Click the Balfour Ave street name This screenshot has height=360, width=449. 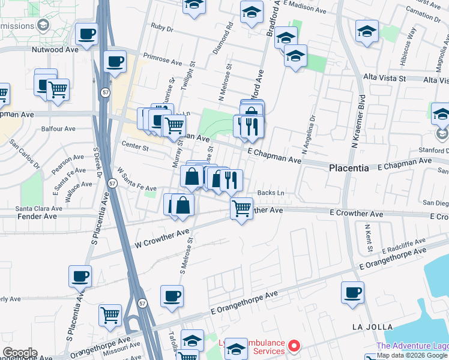pos(58,128)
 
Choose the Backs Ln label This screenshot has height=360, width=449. pos(270,193)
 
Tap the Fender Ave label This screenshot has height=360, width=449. pos(28,216)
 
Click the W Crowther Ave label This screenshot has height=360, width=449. pos(162,239)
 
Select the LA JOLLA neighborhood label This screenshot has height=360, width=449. pos(373,327)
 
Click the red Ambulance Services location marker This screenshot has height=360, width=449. pos(294,346)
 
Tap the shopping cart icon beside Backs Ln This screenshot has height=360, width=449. pos(241,209)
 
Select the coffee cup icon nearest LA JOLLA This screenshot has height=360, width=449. pos(352,293)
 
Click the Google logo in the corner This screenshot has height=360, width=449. pos(19,353)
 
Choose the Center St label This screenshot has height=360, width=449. pos(134,146)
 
